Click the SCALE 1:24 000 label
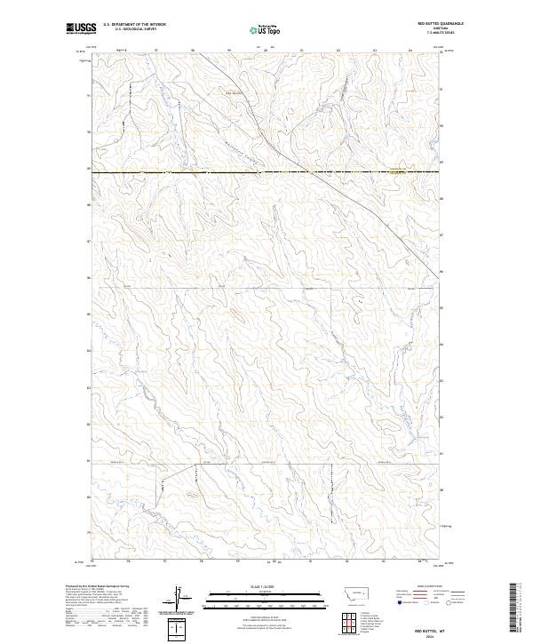[266, 585]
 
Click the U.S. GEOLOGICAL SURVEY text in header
[134, 30]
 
